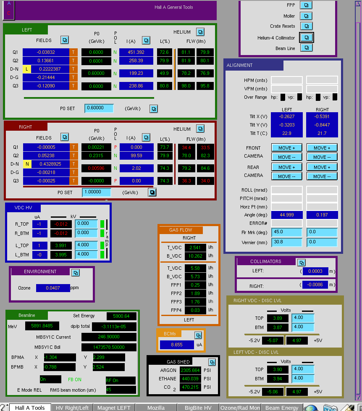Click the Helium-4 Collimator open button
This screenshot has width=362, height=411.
[x=306, y=37]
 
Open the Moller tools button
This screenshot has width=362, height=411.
[x=306, y=16]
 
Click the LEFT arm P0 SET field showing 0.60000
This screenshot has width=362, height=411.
[x=99, y=108]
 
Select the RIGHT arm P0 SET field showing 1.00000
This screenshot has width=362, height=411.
[x=97, y=192]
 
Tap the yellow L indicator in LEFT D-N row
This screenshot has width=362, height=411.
[x=27, y=69]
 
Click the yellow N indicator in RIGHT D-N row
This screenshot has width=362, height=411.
[x=27, y=164]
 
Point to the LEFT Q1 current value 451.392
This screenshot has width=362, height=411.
[x=136, y=52]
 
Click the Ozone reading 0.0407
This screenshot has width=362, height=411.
[x=53, y=288]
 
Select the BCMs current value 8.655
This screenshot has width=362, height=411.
[x=177, y=345]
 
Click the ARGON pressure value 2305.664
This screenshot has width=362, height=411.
[x=190, y=370]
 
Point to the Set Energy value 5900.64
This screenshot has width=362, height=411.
[x=121, y=316]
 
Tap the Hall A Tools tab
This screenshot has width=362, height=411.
[x=30, y=408]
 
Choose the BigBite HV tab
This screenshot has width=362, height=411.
[x=198, y=408]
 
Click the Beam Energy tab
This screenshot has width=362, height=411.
[x=282, y=408]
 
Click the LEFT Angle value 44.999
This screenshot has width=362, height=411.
[x=287, y=215]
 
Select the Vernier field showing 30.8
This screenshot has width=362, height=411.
[x=287, y=242]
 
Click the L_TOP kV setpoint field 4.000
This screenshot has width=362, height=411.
[x=86, y=245]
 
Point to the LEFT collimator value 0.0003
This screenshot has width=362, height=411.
[x=315, y=271]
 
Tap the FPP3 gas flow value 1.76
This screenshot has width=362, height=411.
[x=195, y=302]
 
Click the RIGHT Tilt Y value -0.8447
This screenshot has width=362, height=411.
[x=322, y=125]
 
